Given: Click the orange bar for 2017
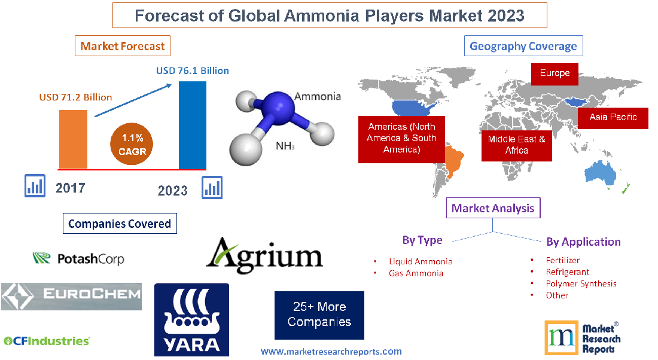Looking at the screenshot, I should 72,139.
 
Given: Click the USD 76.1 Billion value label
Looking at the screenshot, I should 193,71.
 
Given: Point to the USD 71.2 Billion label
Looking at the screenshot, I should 75,97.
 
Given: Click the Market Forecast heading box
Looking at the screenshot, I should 123,46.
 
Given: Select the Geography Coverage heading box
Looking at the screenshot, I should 523,46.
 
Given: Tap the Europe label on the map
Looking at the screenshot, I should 555,74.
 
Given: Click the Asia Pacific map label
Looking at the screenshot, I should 613,117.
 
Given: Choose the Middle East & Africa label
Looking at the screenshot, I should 516,145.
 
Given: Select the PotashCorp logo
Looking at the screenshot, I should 78,259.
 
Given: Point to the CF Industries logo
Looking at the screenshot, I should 47,341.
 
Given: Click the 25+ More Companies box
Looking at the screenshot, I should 319,315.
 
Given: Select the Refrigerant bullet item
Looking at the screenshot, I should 567,272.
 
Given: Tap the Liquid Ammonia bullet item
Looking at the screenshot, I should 420,261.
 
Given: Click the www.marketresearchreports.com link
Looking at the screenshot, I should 331,352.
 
